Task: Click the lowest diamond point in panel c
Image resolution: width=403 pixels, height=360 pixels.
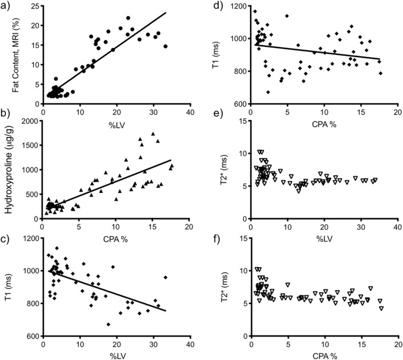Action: (108, 325)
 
